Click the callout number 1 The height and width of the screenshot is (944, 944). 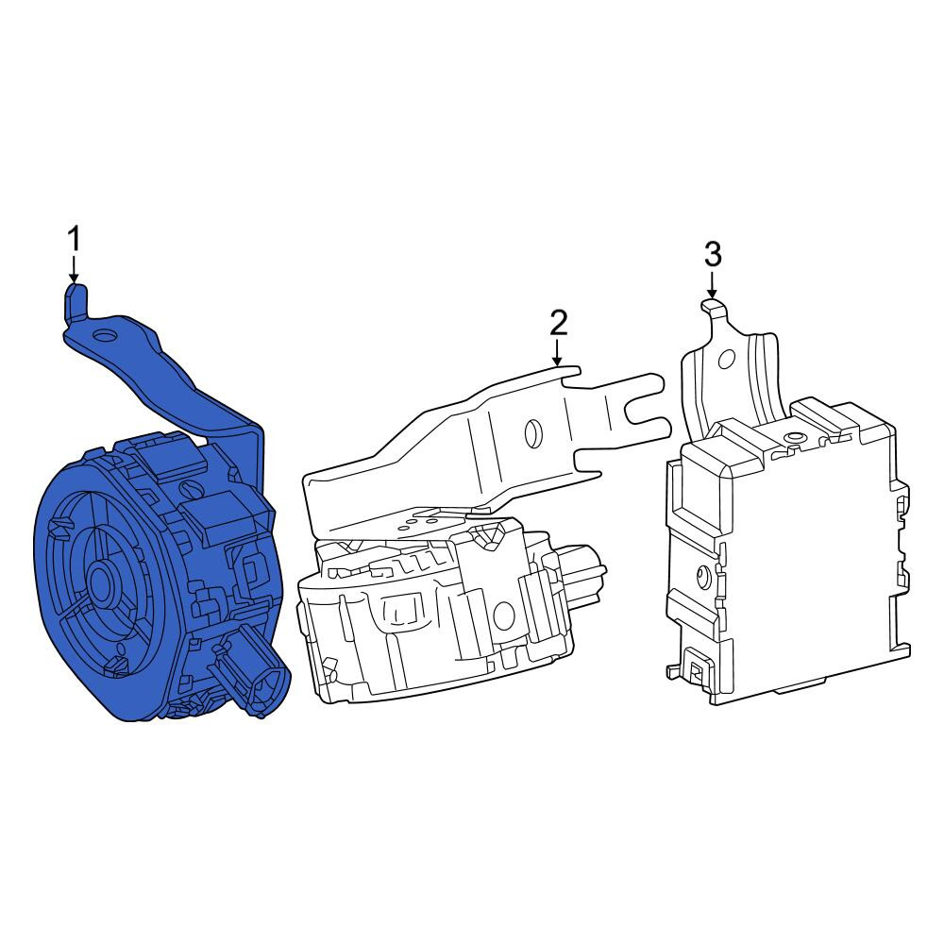[74, 239]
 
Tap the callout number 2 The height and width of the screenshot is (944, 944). [558, 323]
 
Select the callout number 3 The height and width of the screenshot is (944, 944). [713, 255]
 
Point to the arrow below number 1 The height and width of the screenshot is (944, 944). [74, 269]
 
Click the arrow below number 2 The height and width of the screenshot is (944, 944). [558, 352]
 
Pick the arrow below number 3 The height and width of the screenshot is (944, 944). [712, 284]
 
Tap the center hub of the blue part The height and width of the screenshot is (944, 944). [102, 584]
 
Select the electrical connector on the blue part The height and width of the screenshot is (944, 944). [252, 676]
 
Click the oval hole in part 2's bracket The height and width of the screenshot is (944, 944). [532, 432]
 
